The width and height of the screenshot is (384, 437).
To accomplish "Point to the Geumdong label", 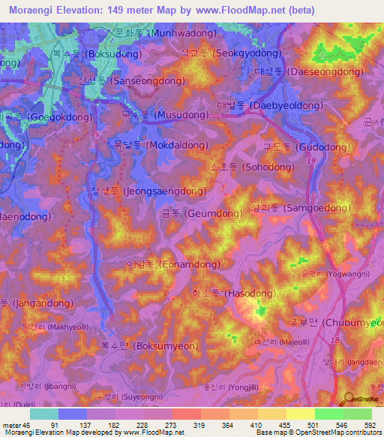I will (x=201, y=214).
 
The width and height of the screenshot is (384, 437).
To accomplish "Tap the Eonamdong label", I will (x=172, y=264).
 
